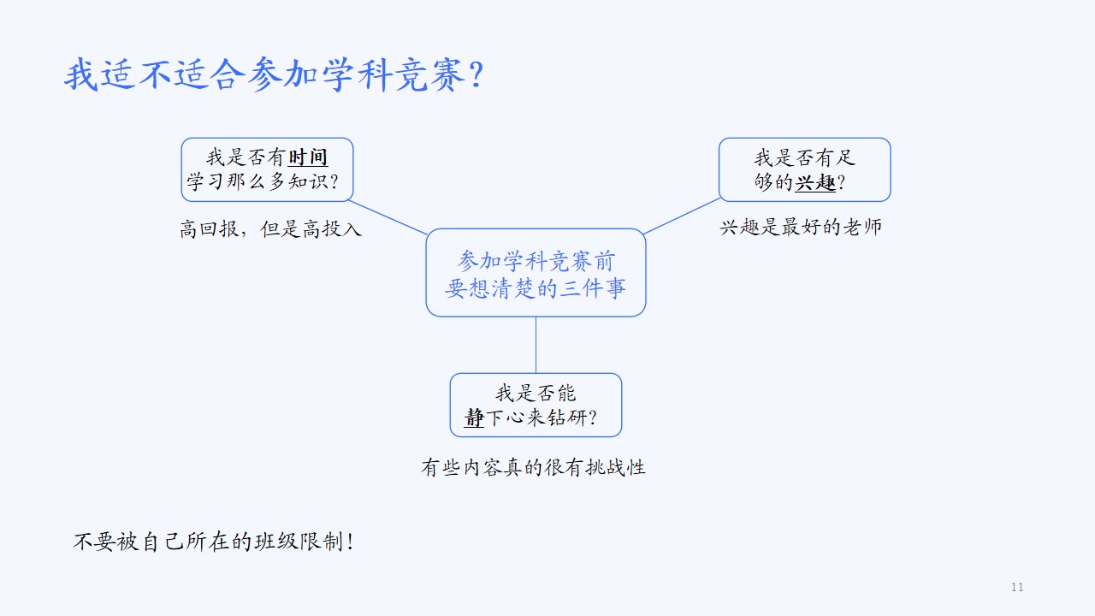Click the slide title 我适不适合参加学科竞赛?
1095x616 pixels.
275,74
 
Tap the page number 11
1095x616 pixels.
1017,587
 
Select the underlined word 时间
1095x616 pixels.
308,157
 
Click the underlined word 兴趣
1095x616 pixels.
815,182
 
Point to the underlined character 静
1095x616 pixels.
474,418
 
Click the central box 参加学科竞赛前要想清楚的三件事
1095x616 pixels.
536,273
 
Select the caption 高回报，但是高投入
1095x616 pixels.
271,228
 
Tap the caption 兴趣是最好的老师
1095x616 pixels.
801,227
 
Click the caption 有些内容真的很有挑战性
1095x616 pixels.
533,467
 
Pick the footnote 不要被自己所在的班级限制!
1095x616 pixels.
214,542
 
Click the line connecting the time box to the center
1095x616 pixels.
388,217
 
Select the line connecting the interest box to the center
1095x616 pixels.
682,216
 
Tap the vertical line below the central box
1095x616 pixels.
536,345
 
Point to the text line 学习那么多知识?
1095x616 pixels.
263,182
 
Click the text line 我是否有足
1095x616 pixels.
805,158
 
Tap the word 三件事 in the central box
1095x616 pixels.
593,288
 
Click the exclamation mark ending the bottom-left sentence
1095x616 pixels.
350,542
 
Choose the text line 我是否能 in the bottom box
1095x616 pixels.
536,393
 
